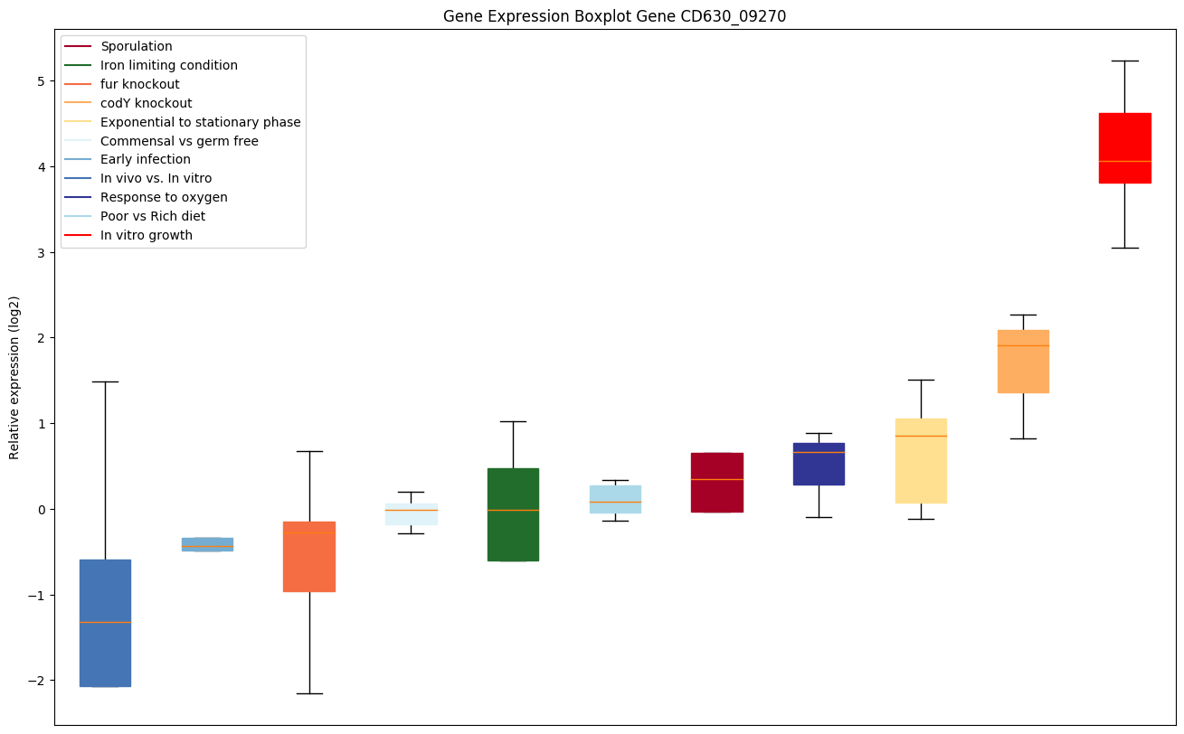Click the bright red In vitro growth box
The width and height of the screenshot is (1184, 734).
coord(1124,148)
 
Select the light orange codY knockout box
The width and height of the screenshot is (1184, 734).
coord(1023,362)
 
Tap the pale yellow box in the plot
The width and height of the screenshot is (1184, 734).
coord(921,461)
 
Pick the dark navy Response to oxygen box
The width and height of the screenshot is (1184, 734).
coord(819,464)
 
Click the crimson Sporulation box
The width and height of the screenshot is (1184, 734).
coord(716,483)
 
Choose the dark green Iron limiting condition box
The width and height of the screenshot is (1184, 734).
coord(513,514)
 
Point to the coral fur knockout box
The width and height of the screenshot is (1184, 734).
coord(309,557)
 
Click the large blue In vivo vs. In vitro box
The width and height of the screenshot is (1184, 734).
coord(105,623)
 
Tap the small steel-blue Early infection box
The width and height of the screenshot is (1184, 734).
coord(207,544)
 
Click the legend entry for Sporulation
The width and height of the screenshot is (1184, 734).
coord(137,46)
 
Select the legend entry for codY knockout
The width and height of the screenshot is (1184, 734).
coord(146,103)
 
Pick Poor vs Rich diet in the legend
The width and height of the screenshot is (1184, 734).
coord(152,216)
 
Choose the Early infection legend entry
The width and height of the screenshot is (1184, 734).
coord(146,159)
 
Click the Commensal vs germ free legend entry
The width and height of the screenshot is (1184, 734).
coord(179,141)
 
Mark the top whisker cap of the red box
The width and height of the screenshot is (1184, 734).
coord(1124,61)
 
